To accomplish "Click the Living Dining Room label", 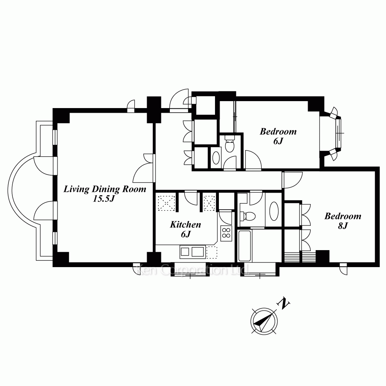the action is point(105,189).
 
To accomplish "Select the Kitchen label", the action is point(185,225).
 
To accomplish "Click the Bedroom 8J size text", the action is point(342,226).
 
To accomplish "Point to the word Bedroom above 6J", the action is point(278,132).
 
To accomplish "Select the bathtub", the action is point(244,246).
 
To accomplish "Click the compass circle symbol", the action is point(264,321).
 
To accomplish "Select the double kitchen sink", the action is point(193,252).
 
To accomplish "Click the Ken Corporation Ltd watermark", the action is point(192,270).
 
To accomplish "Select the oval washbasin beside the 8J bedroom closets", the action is point(274,211).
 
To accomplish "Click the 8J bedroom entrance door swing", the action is point(292,180).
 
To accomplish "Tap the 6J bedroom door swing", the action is point(253,160).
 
